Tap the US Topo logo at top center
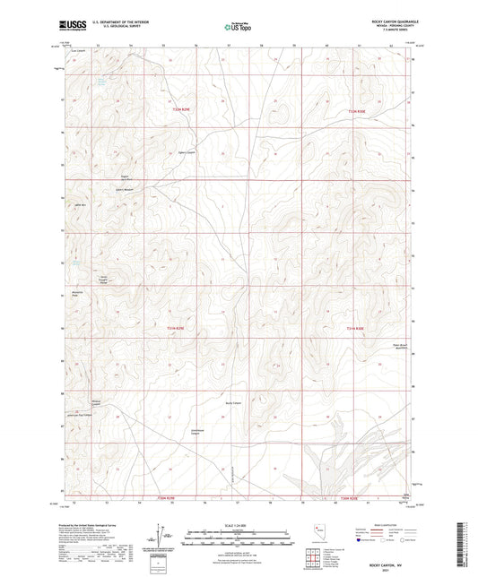pos(239,27)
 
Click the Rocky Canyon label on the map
pos(233,402)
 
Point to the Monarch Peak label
pos(75,295)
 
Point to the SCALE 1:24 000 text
pos(238,524)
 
